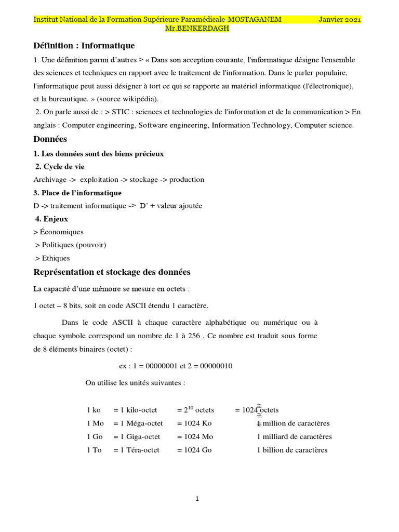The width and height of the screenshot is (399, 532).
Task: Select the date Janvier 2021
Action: click(x=339, y=19)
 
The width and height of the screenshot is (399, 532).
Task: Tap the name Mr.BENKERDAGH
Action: click(x=197, y=28)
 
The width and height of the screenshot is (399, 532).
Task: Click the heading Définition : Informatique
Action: click(x=84, y=46)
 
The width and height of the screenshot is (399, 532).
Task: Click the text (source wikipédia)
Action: click(x=128, y=99)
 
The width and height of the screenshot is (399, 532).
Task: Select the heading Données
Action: click(x=50, y=139)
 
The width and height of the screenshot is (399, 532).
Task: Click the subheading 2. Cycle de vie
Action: click(x=60, y=167)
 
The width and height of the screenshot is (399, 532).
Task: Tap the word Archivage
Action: click(x=50, y=180)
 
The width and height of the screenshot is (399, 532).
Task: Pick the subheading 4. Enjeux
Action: click(x=51, y=219)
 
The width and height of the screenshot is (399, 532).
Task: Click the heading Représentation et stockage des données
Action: click(x=112, y=272)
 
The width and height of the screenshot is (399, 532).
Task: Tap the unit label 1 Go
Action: click(x=94, y=437)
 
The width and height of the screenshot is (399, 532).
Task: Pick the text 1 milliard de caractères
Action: click(x=294, y=437)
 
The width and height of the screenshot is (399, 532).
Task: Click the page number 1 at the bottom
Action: click(x=197, y=499)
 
